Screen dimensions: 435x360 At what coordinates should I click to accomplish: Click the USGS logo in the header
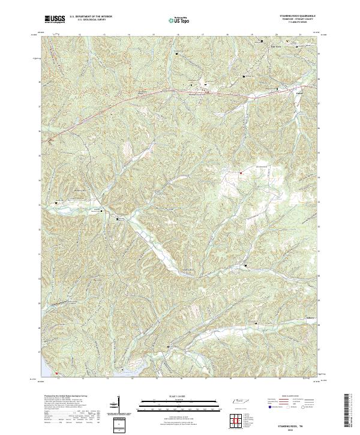pos(55,20)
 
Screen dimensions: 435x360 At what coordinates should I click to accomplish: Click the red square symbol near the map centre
pos(240,174)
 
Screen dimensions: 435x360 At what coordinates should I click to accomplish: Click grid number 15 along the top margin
pos(153,35)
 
